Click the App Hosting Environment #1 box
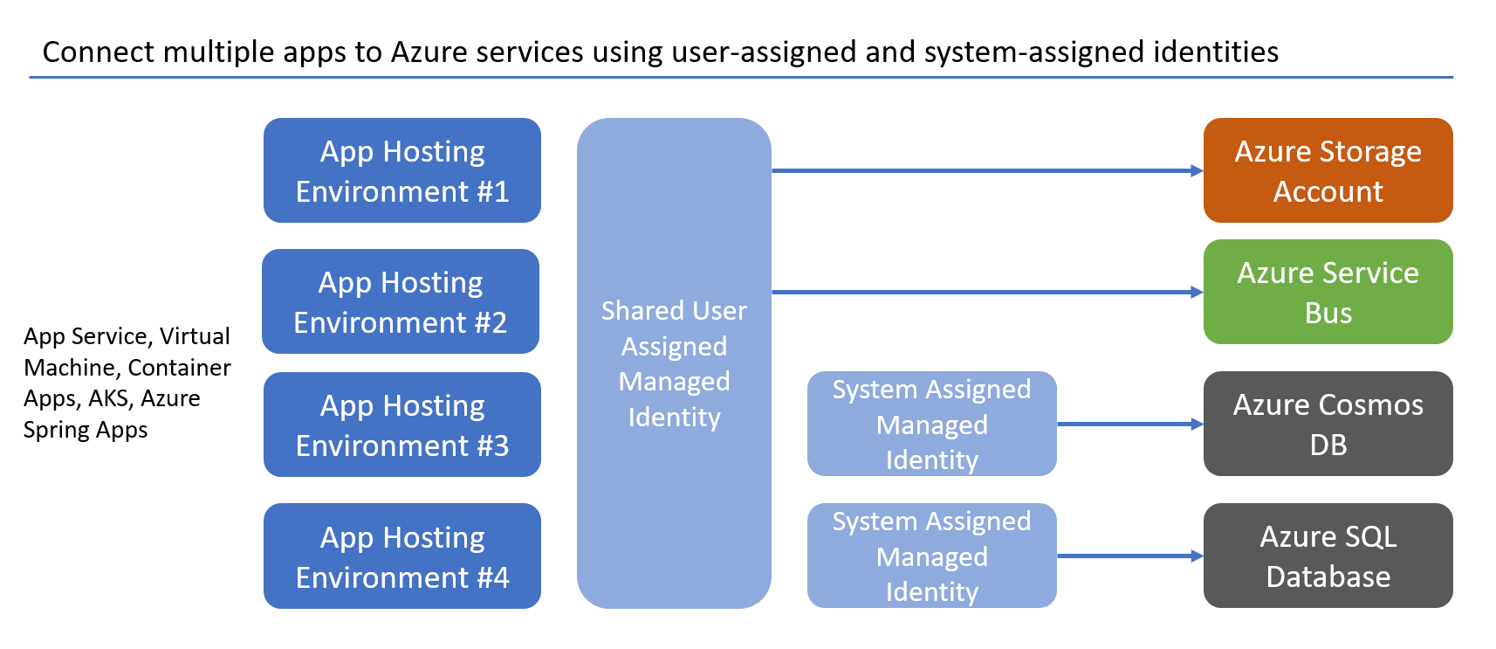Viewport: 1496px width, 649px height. click(401, 170)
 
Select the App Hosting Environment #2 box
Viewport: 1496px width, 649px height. click(401, 301)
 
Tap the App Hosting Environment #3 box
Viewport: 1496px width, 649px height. click(401, 425)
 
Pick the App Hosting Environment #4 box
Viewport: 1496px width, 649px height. click(401, 556)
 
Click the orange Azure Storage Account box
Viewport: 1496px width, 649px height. click(1328, 170)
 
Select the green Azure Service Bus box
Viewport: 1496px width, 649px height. click(1328, 292)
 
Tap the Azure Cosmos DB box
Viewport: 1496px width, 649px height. click(1328, 424)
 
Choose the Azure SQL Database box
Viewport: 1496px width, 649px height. click(1328, 556)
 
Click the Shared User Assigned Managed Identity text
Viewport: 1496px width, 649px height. click(674, 363)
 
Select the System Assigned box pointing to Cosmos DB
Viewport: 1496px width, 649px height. click(931, 424)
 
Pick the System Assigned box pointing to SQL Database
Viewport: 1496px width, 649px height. click(931, 556)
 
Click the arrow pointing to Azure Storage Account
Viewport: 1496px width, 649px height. click(986, 170)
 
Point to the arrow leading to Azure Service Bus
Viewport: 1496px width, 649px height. click(986, 292)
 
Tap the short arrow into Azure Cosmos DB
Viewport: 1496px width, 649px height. click(1129, 424)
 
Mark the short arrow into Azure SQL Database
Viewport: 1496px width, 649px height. click(1129, 556)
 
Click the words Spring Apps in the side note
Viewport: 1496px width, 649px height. click(85, 430)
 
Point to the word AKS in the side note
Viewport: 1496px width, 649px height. click(109, 398)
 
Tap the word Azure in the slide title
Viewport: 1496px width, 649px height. click(426, 52)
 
